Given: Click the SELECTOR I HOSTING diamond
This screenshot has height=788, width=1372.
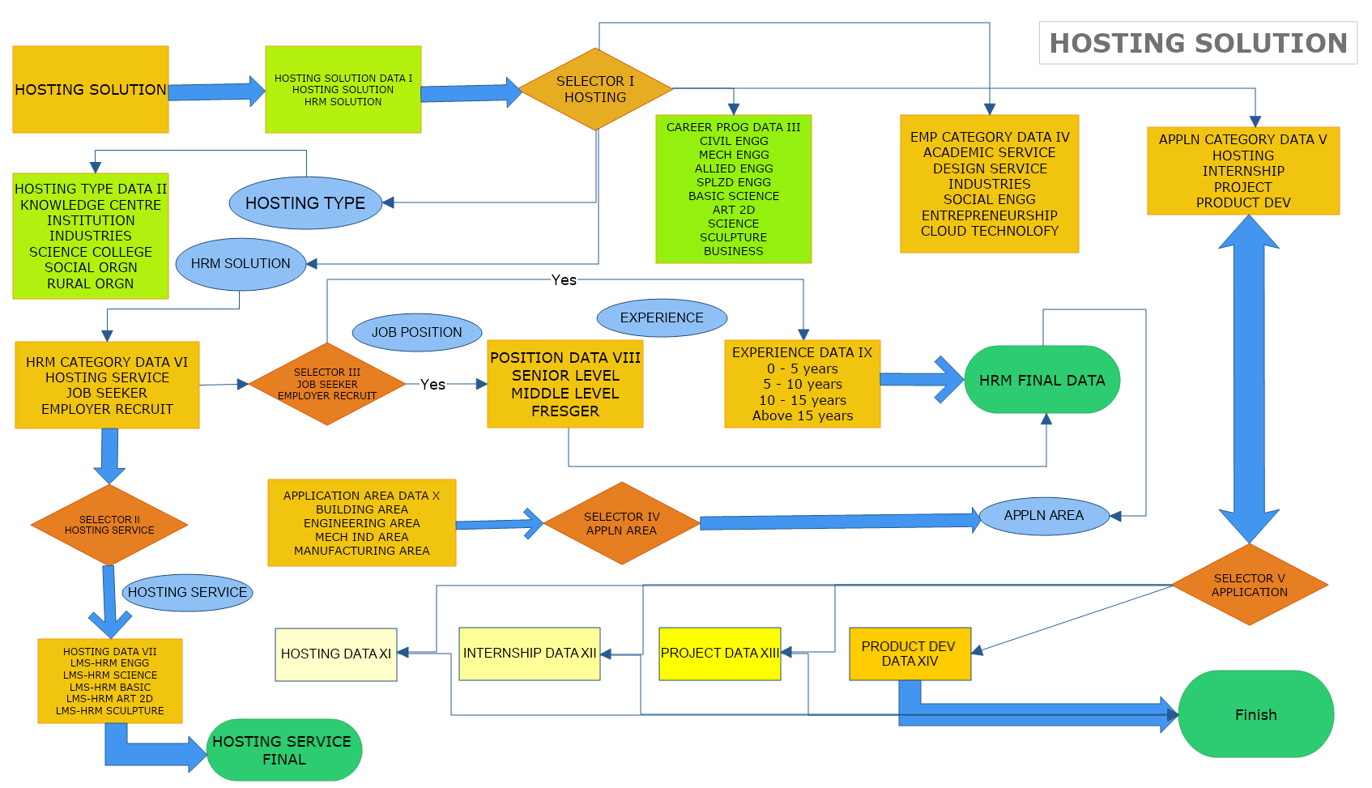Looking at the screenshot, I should pyautogui.click(x=595, y=89).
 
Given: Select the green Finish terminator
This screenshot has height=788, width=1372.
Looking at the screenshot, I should pyautogui.click(x=1255, y=714).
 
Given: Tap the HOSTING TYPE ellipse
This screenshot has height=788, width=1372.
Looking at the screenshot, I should pyautogui.click(x=305, y=203).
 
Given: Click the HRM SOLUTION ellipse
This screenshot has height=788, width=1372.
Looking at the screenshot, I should pyautogui.click(x=241, y=264).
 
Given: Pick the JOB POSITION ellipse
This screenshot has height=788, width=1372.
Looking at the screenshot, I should pyautogui.click(x=416, y=332).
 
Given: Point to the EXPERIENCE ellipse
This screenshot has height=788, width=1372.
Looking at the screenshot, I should pyautogui.click(x=662, y=317).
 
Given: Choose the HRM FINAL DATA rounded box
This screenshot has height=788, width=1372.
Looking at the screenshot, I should pyautogui.click(x=1042, y=380).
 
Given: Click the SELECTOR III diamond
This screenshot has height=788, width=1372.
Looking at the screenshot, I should pyautogui.click(x=327, y=384).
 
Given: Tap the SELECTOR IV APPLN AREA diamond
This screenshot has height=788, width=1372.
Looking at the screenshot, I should pyautogui.click(x=621, y=523).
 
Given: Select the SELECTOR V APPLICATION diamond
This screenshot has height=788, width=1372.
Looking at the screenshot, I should pyautogui.click(x=1249, y=585).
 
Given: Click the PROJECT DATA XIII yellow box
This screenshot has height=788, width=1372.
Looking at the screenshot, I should pyautogui.click(x=719, y=653).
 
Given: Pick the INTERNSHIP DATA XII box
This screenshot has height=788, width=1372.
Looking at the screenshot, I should pyautogui.click(x=529, y=653).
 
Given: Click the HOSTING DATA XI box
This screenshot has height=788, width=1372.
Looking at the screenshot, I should pyautogui.click(x=335, y=654).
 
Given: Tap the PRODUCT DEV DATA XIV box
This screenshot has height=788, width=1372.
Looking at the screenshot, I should pyautogui.click(x=910, y=654).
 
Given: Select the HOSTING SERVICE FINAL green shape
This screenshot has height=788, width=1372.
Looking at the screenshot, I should pyautogui.click(x=283, y=750).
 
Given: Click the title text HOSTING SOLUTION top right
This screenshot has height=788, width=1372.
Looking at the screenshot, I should pyautogui.click(x=1198, y=43).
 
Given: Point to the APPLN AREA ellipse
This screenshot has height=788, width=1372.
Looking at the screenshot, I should pyautogui.click(x=1043, y=515).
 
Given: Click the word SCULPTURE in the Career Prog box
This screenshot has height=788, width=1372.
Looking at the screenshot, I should pyautogui.click(x=733, y=237).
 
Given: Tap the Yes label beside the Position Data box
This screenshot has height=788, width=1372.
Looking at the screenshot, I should pyautogui.click(x=432, y=385).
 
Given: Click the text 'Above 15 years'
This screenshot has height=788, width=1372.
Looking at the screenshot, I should pyautogui.click(x=802, y=415).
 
